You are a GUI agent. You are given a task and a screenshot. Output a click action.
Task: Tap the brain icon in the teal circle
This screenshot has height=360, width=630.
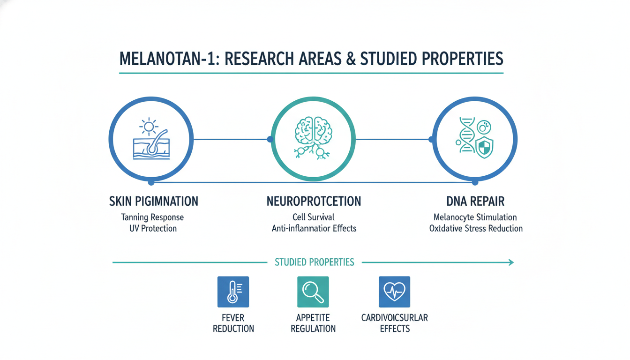click(313, 127)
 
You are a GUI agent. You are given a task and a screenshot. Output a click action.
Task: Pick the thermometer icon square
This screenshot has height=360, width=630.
click(233, 292)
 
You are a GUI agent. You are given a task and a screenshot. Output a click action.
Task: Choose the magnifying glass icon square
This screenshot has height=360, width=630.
click(313, 292)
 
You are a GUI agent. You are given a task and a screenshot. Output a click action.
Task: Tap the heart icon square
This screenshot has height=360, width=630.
click(394, 292)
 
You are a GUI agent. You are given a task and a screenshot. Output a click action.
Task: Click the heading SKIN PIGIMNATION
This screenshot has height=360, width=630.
click(153, 202)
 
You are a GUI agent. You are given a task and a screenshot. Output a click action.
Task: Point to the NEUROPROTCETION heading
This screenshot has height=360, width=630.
click(314, 202)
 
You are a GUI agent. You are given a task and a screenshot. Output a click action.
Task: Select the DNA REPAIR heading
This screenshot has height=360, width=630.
click(475, 202)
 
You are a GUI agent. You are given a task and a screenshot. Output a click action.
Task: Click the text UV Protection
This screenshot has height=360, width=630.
click(153, 229)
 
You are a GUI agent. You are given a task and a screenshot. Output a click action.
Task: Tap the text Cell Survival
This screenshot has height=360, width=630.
click(314, 217)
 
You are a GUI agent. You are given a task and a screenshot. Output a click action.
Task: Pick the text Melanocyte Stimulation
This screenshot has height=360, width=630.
click(475, 217)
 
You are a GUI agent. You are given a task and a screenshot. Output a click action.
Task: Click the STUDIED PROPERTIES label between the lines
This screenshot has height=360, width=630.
click(314, 262)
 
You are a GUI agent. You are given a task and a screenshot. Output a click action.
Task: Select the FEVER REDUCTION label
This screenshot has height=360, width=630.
click(233, 323)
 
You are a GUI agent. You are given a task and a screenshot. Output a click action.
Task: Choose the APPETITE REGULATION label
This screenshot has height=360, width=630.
click(313, 323)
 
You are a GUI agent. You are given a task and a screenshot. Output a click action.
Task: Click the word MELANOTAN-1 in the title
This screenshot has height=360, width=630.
click(166, 59)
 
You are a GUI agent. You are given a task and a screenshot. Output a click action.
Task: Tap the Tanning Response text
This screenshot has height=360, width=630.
click(152, 217)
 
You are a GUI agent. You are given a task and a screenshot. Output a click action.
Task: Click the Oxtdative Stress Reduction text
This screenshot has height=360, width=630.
click(475, 229)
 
